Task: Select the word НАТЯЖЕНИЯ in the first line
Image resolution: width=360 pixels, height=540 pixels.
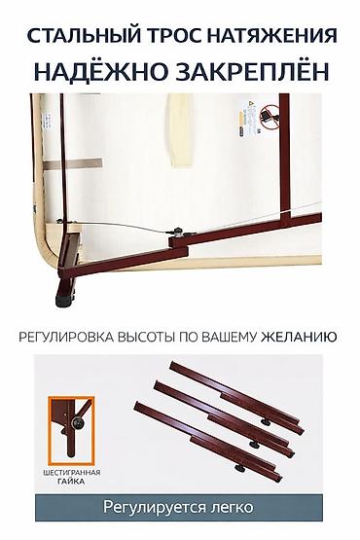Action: pos(271,37)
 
